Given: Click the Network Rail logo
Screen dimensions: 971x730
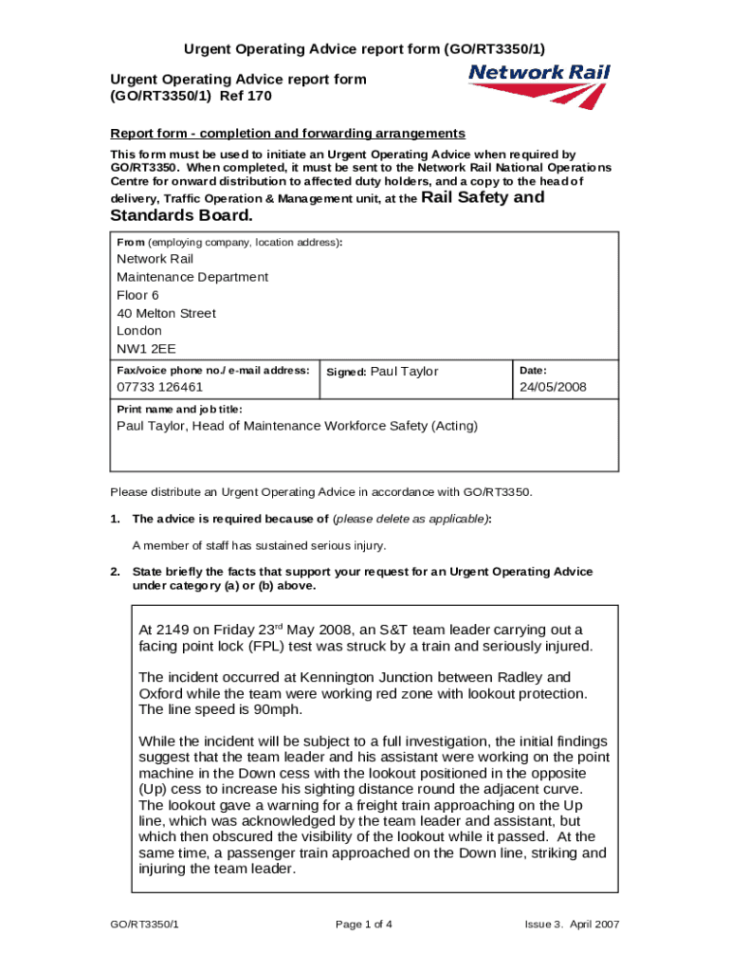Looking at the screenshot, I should (539, 85).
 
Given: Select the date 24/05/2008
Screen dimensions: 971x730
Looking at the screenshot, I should (553, 387).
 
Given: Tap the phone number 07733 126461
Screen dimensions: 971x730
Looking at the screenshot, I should (159, 387).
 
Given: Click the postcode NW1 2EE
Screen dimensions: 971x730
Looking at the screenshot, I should (139, 349).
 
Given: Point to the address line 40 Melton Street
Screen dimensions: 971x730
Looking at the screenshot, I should (166, 313).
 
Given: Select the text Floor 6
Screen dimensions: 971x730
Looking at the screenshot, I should (137, 295).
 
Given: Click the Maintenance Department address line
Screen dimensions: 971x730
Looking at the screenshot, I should (192, 277).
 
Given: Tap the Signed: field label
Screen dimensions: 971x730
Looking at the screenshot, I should (346, 372).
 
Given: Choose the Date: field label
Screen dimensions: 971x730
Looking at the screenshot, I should (533, 370).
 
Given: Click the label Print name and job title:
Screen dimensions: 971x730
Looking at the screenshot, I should (179, 409).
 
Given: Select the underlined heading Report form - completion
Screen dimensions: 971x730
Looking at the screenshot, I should (287, 133).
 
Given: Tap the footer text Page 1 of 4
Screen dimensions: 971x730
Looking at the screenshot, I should (364, 925).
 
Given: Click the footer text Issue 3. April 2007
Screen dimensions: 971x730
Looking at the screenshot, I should (572, 925).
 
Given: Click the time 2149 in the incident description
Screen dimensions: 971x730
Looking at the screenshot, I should (176, 630).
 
